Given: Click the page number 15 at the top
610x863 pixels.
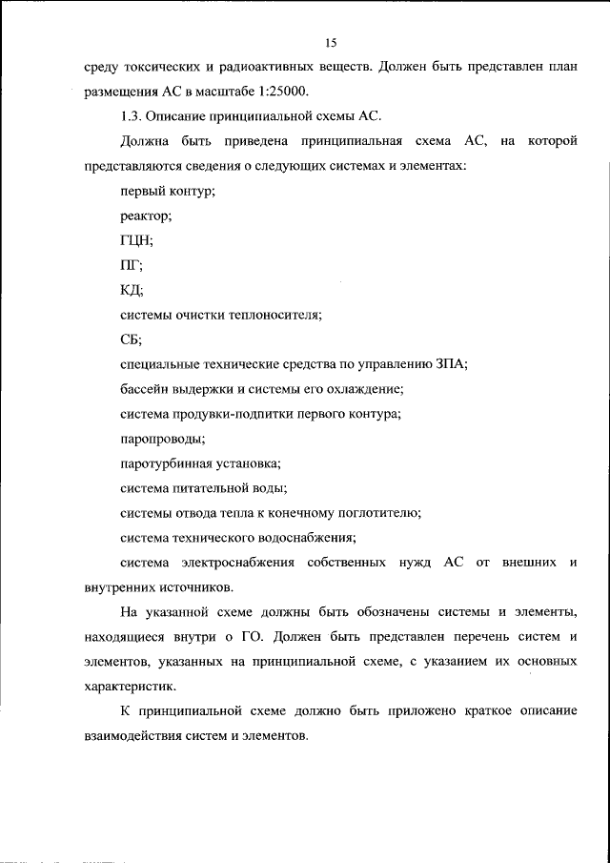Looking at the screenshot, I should click(x=331, y=43).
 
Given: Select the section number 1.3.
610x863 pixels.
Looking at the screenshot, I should click(x=133, y=117).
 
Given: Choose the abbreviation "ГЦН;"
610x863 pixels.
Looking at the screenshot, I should click(x=137, y=241).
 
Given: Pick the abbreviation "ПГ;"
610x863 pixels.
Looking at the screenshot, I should click(x=132, y=266).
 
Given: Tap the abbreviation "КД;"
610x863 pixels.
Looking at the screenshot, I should click(x=132, y=291).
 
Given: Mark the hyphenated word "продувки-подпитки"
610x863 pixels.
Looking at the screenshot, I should click(x=229, y=414).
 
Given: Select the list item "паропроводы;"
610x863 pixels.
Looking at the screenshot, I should click(x=162, y=439).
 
